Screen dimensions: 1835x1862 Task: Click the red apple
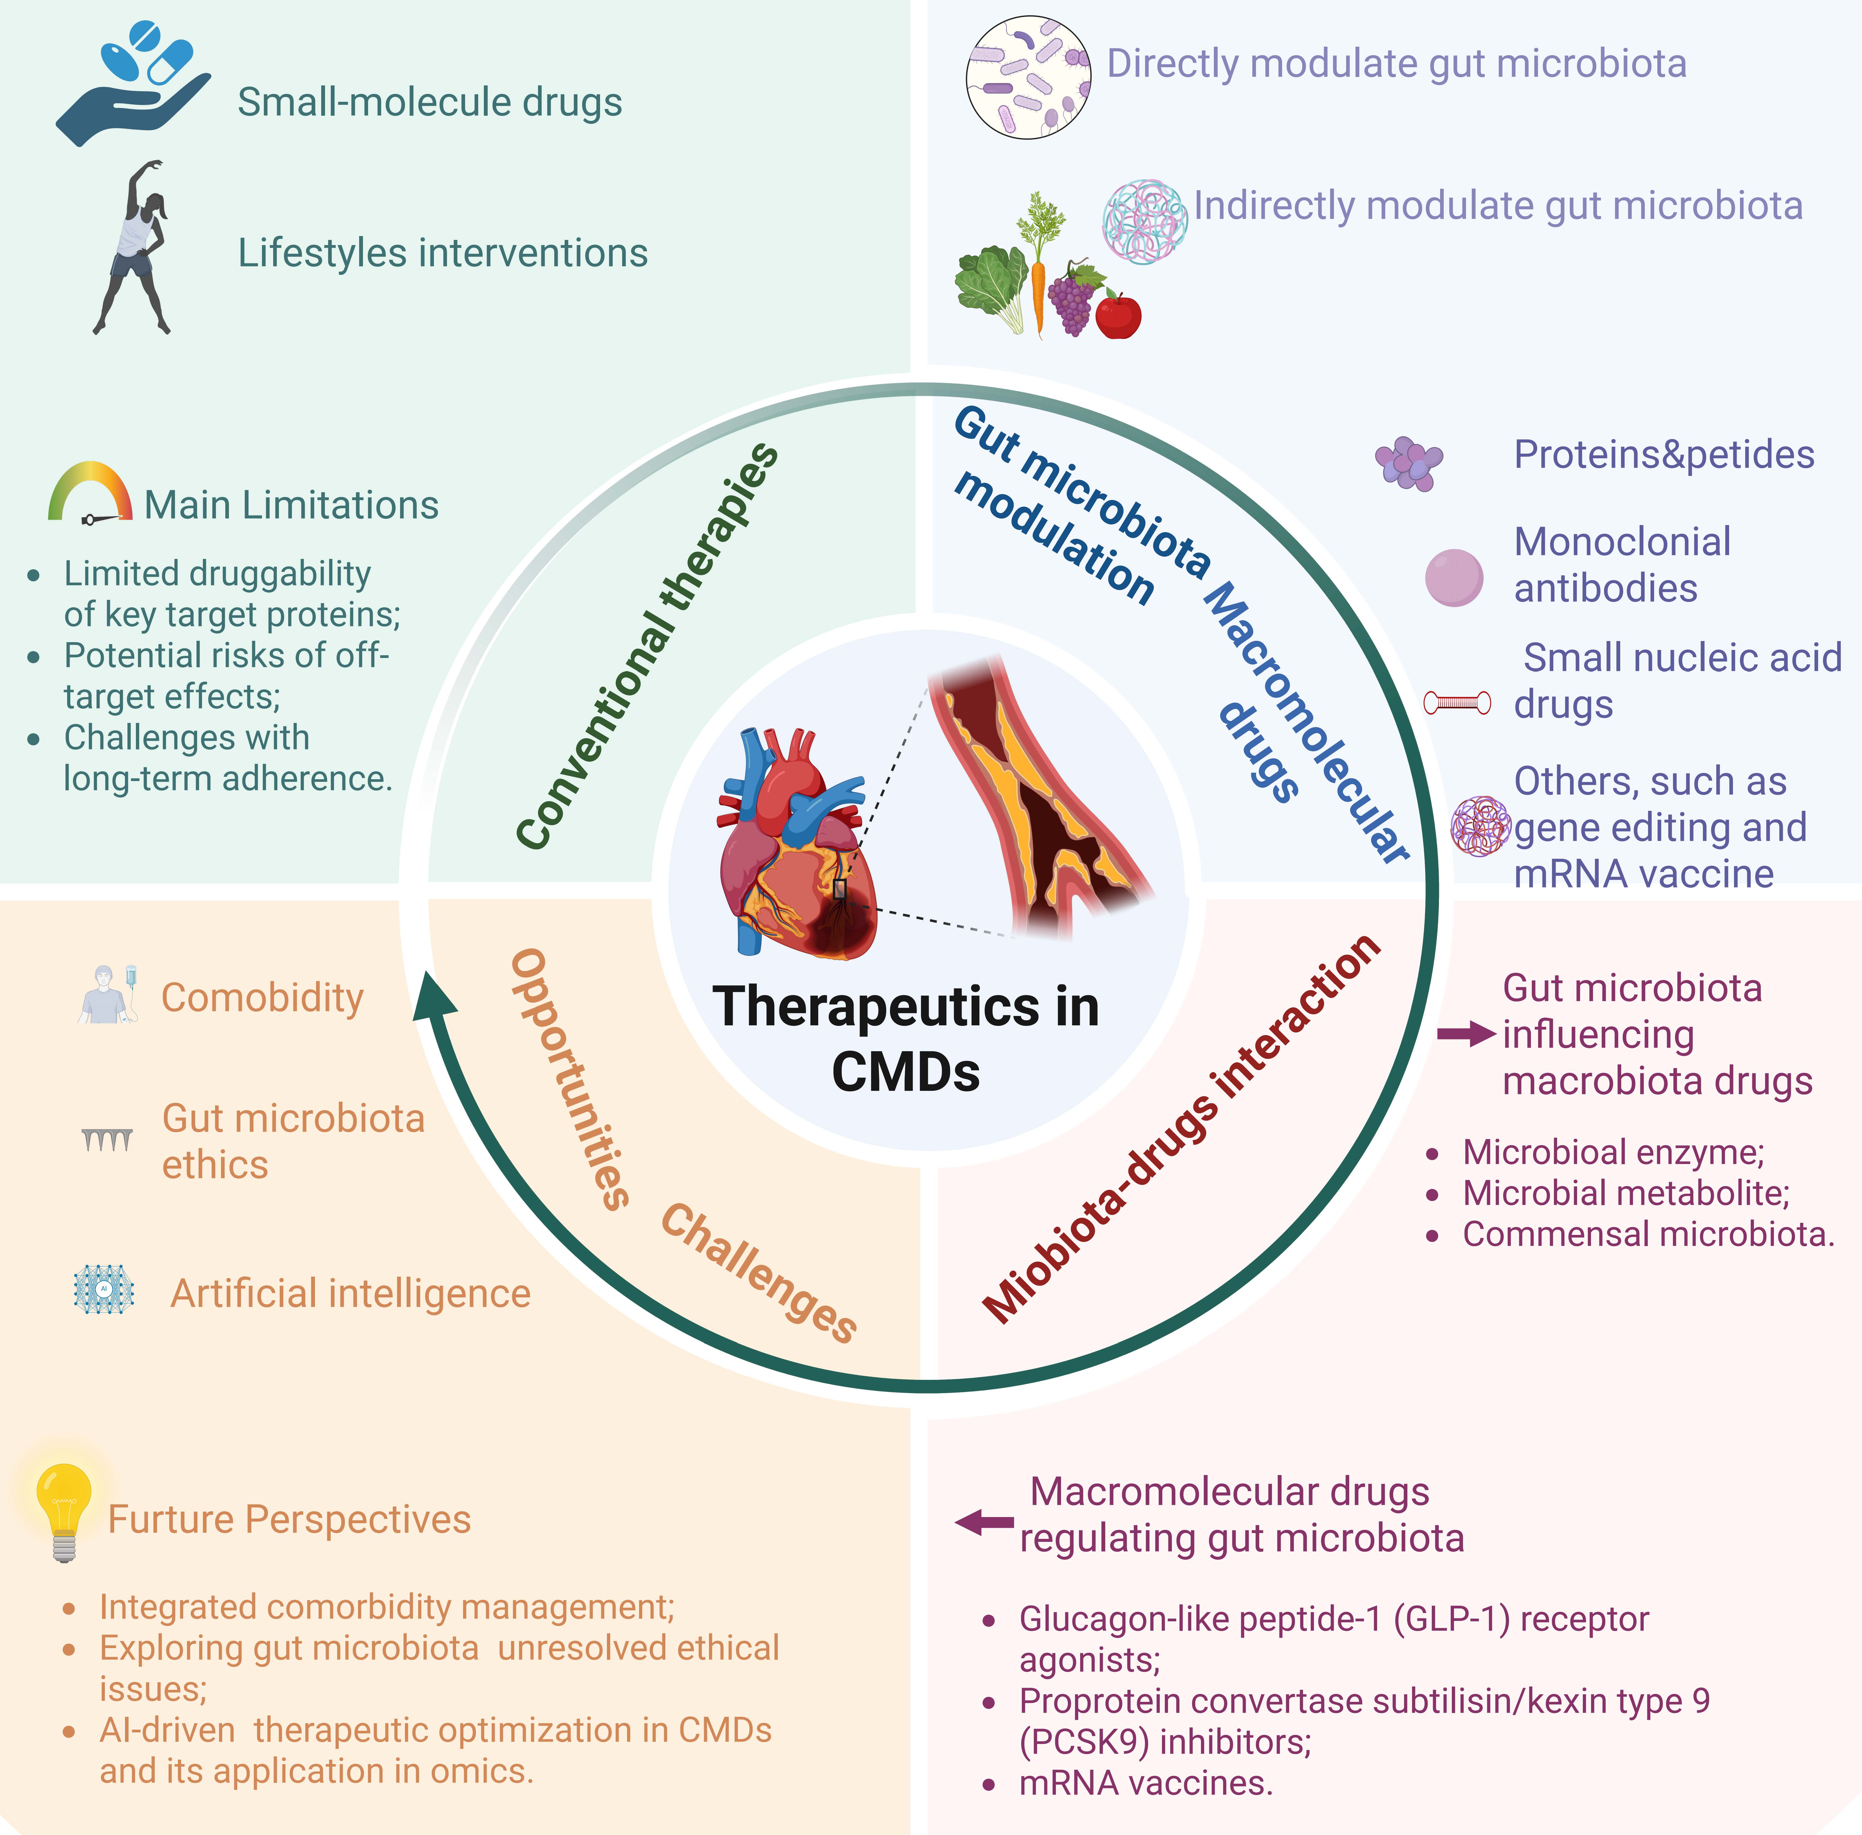1118,316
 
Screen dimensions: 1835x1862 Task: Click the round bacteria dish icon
1028,77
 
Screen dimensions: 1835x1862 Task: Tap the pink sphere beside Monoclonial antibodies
1453,577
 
